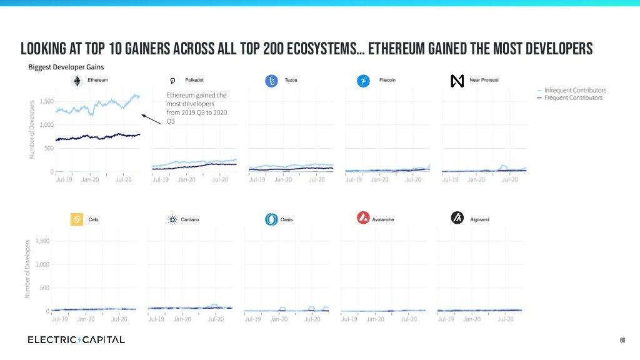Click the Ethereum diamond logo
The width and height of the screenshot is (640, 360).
tap(77, 81)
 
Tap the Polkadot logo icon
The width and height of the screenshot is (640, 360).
tap(174, 81)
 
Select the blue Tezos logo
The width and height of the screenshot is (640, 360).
tap(271, 81)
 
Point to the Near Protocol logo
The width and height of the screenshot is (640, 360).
tap(457, 81)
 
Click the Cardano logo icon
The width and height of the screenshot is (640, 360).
tap(173, 219)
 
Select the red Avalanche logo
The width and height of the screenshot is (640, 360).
tap(363, 218)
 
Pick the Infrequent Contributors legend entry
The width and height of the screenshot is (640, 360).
tap(574, 91)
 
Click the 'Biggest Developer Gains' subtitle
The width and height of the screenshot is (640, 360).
tap(66, 67)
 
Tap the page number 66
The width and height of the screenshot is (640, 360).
tap(622, 340)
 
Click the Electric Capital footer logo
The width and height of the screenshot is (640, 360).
tap(76, 340)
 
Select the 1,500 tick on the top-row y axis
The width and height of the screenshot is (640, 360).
tap(46, 101)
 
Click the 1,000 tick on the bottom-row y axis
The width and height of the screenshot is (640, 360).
tap(41, 264)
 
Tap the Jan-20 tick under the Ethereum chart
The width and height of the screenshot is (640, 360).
tap(90, 179)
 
